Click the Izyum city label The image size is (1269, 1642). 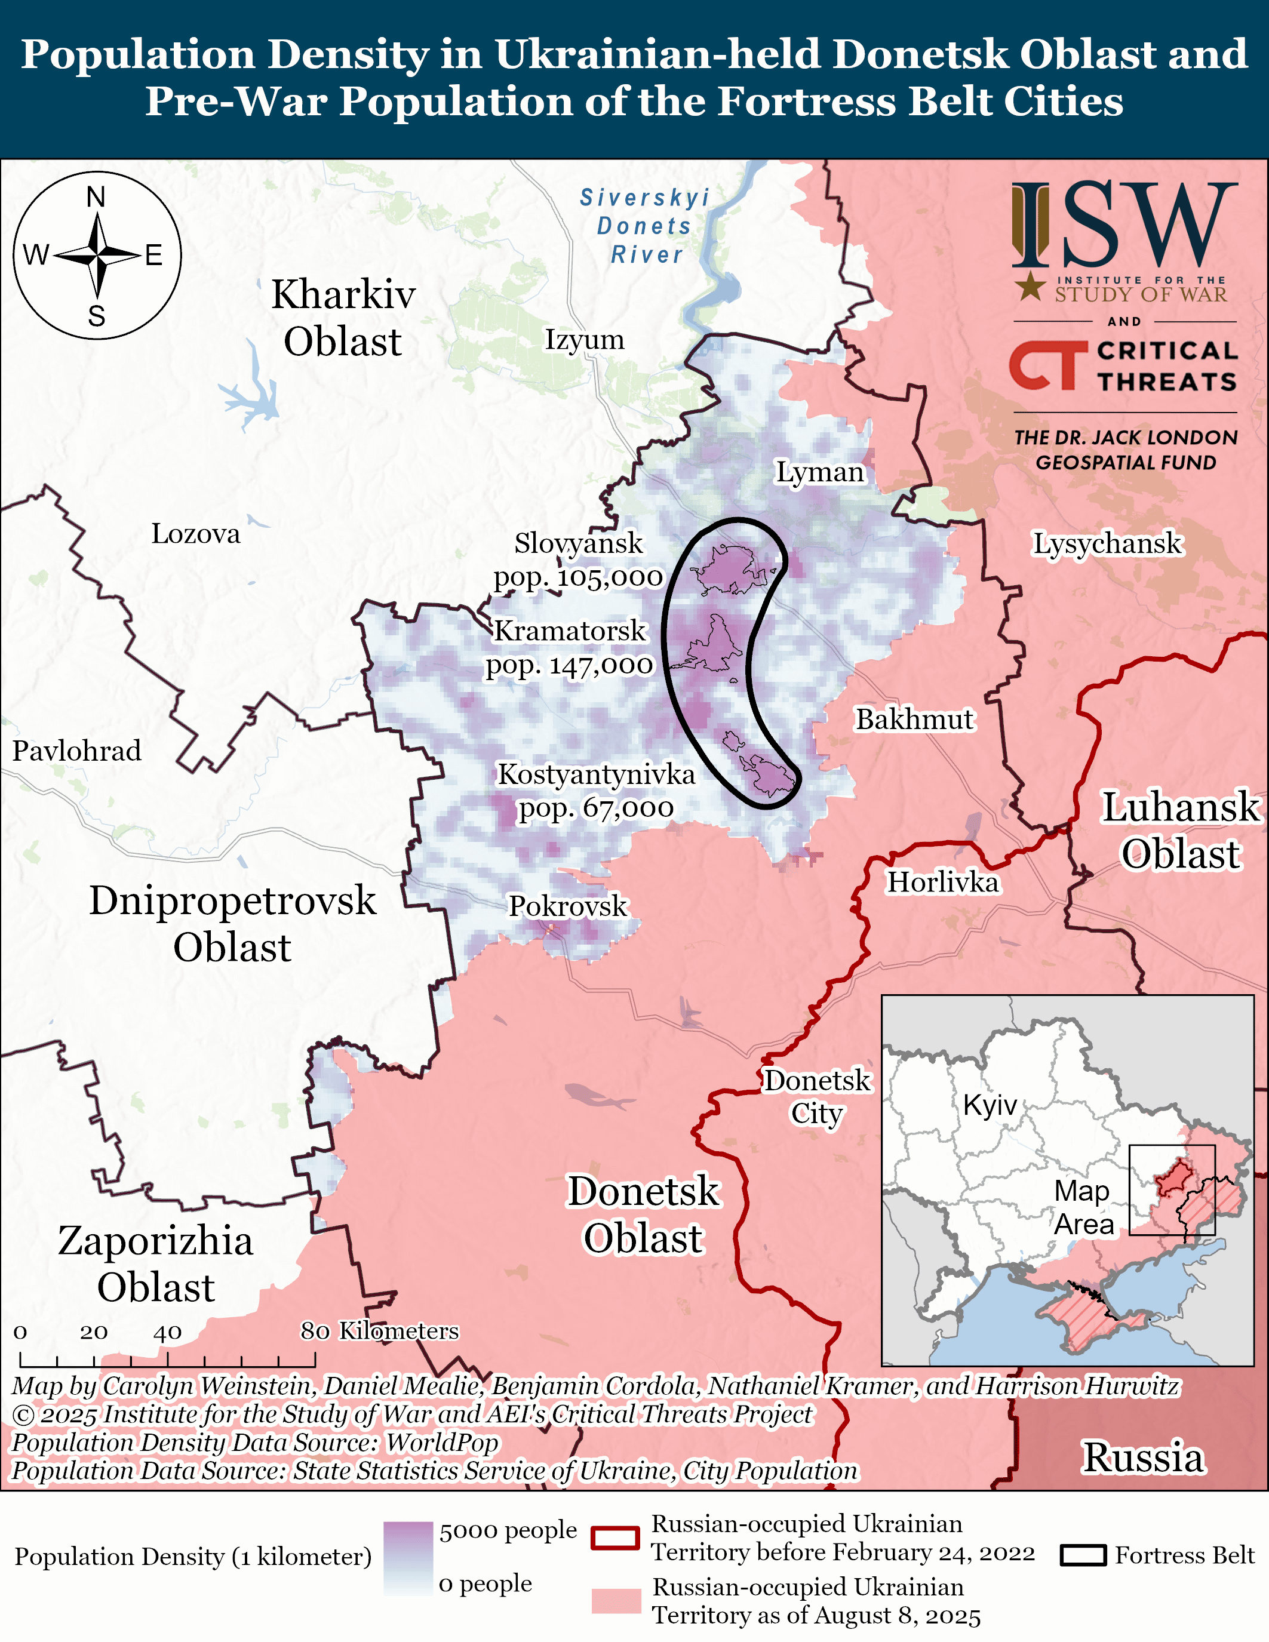pyautogui.click(x=584, y=340)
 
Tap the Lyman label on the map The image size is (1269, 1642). pyautogui.click(x=819, y=472)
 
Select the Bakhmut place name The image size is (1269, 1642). pyautogui.click(x=914, y=719)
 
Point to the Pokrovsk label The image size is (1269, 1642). pyautogui.click(x=567, y=906)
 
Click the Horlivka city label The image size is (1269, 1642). pyautogui.click(x=943, y=882)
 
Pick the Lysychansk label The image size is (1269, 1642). pyautogui.click(x=1107, y=543)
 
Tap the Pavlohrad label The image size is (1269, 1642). pyautogui.click(x=76, y=751)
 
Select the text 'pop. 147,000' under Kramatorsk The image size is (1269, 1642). pyautogui.click(x=569, y=665)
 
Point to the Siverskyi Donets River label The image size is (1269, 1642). pyautogui.click(x=645, y=226)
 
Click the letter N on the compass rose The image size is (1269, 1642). pyautogui.click(x=96, y=197)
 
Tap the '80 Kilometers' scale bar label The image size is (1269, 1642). pyautogui.click(x=380, y=1331)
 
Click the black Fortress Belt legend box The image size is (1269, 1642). pyautogui.click(x=1083, y=1555)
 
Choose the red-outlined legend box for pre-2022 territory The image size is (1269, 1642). pyautogui.click(x=615, y=1538)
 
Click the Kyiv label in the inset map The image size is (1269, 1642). pyautogui.click(x=990, y=1105)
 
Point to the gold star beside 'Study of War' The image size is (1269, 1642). pyautogui.click(x=1030, y=287)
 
